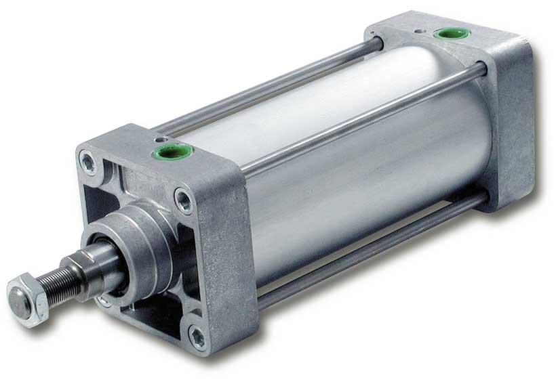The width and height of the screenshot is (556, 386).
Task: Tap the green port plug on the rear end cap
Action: tap(445, 33)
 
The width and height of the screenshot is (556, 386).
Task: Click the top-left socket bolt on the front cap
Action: tap(87, 161)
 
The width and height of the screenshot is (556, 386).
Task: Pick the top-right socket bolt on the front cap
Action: tap(183, 200)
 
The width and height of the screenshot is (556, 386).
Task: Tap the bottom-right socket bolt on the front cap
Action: tap(198, 337)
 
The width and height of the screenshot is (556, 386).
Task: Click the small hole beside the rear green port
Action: tap(421, 30)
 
